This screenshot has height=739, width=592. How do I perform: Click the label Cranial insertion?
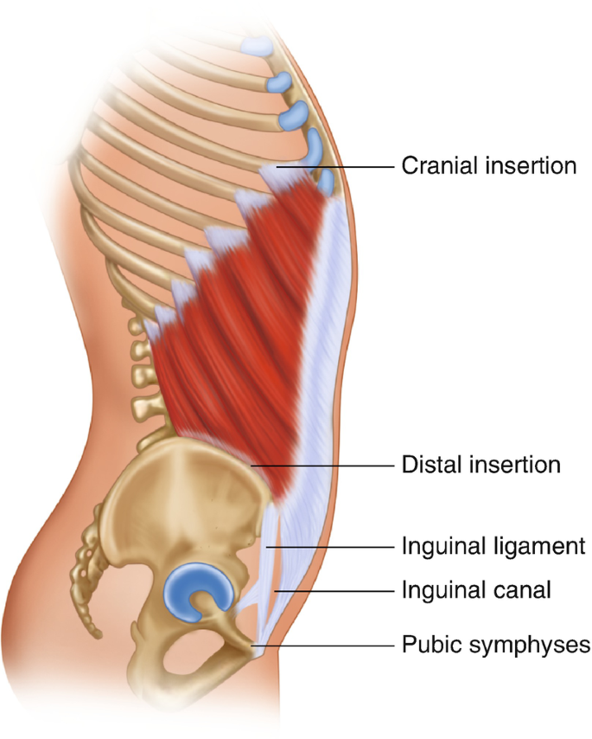(x=488, y=165)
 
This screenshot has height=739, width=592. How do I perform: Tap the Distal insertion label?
(x=481, y=465)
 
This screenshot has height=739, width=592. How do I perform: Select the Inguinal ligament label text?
(x=493, y=547)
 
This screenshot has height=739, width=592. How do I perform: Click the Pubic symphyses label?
(x=496, y=645)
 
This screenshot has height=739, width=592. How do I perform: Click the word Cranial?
(x=440, y=165)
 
